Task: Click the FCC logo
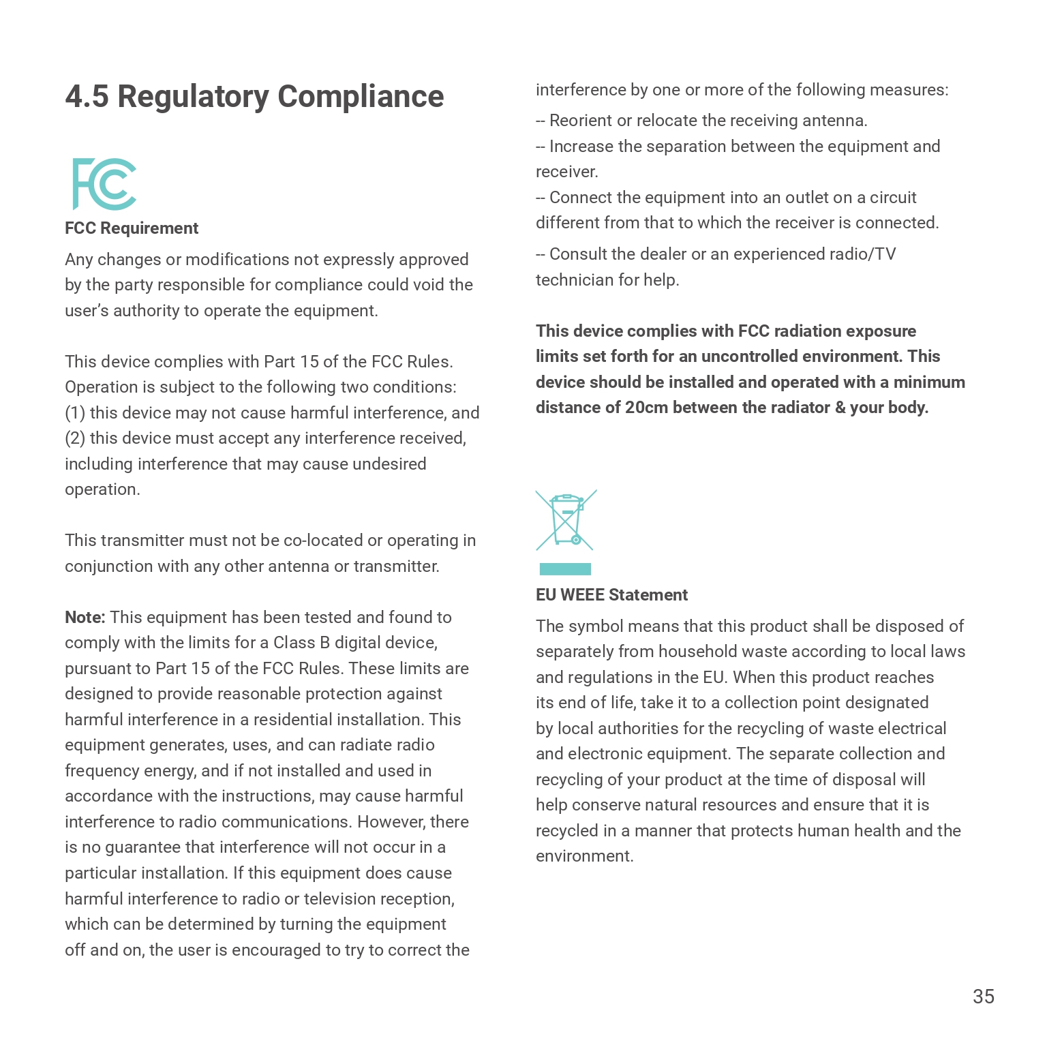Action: pyautogui.click(x=104, y=184)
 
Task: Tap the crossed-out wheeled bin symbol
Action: pyautogui.click(x=566, y=520)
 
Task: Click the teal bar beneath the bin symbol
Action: pyautogui.click(x=565, y=569)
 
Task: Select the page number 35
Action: pyautogui.click(x=983, y=997)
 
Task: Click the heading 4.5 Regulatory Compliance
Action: pyautogui.click(x=254, y=97)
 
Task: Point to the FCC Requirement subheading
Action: pyautogui.click(x=132, y=228)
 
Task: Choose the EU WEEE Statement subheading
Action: pyautogui.click(x=611, y=595)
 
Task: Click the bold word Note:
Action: pyautogui.click(x=85, y=618)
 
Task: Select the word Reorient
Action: pyautogui.click(x=580, y=121)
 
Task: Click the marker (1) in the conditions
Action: pyautogui.click(x=75, y=413)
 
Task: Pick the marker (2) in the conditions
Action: pyautogui.click(x=75, y=438)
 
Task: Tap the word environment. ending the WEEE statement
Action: pyautogui.click(x=584, y=856)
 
